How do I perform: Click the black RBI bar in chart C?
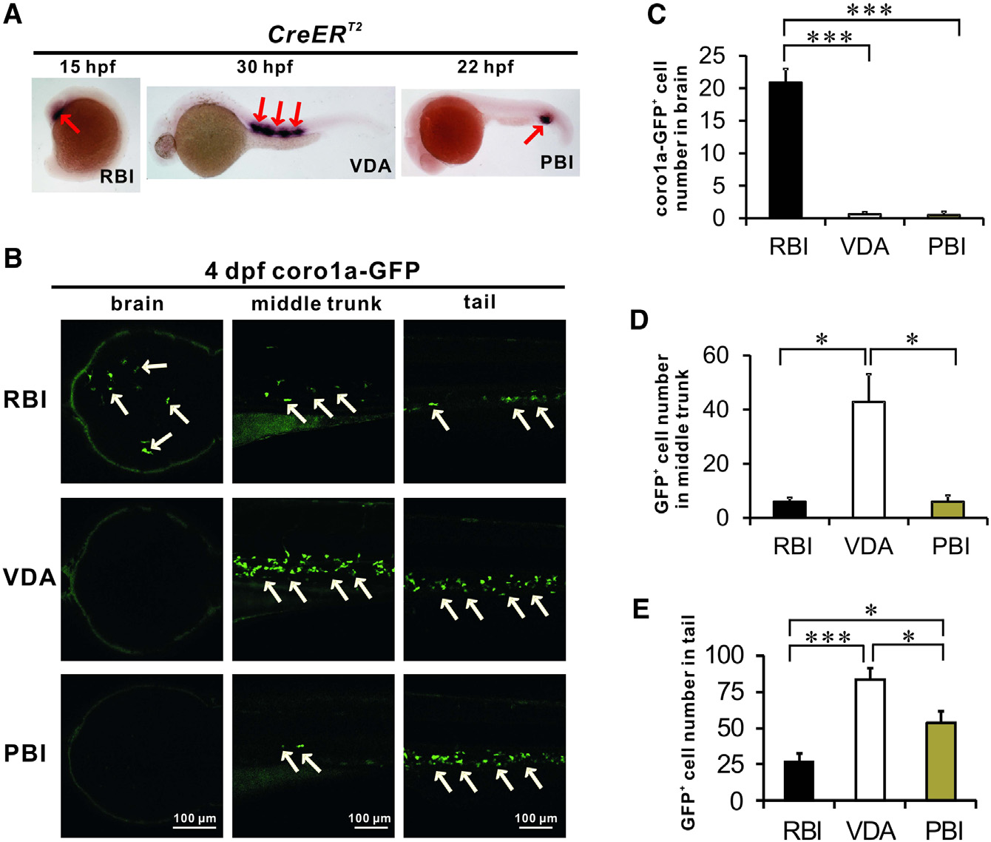785,150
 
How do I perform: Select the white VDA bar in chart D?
868,459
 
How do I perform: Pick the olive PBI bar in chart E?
941,761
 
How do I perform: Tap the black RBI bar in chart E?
799,781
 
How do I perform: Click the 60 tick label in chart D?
715,356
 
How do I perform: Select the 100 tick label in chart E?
724,656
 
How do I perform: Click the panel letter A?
13,14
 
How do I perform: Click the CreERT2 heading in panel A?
314,34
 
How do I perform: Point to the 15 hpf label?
87,67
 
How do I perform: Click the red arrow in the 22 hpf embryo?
534,135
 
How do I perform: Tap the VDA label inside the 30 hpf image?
370,166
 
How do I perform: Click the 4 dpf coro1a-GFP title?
312,271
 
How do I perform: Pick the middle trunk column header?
316,303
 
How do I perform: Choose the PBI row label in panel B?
25,753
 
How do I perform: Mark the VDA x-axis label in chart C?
865,246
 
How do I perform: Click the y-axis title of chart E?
689,721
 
